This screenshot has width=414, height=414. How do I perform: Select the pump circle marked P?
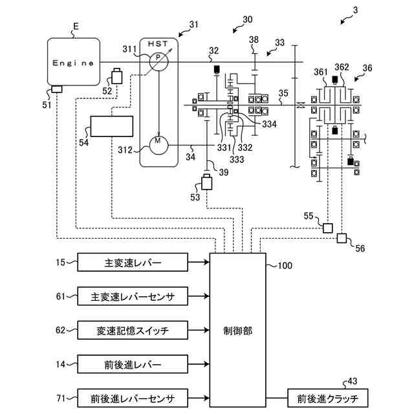[158, 62]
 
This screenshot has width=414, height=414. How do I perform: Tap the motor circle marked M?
[158, 144]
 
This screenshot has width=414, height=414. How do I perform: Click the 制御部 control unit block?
[237, 330]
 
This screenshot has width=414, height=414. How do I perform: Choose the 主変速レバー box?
[133, 263]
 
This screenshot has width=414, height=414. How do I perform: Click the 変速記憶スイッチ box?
[133, 330]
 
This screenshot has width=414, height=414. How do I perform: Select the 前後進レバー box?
[133, 364]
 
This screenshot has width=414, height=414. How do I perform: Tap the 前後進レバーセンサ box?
[133, 397]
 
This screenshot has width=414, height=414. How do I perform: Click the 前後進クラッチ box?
[328, 397]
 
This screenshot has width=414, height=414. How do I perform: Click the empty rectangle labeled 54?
[112, 126]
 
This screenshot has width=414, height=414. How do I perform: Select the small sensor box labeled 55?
[327, 228]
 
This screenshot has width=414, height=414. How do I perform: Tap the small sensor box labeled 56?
[342, 239]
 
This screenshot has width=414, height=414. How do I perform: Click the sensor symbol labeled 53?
[208, 182]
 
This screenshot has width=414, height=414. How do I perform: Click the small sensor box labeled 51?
[56, 88]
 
